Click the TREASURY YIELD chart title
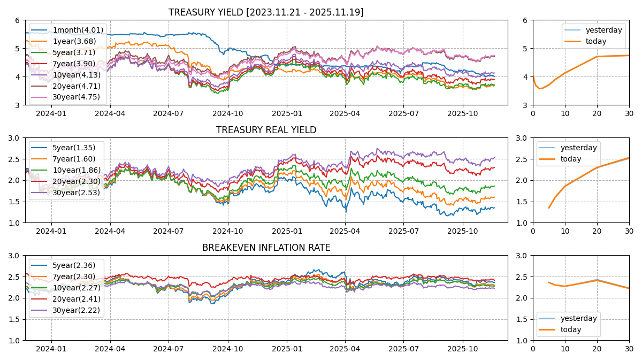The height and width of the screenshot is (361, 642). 266,12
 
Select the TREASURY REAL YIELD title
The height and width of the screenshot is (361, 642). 266,130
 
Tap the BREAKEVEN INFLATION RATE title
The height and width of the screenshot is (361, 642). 266,248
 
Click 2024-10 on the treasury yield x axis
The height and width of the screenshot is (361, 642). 228,113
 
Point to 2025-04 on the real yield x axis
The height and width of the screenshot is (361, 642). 345,231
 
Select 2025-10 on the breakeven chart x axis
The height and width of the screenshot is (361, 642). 462,349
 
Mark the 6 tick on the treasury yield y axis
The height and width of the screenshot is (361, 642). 18,20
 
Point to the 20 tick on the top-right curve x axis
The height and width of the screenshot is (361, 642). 597,113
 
